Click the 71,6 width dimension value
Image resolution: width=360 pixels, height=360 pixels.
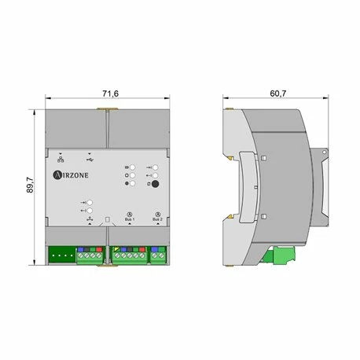[110, 94]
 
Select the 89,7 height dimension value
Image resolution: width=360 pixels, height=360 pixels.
[30, 186]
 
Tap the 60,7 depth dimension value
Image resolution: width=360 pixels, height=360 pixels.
[278, 94]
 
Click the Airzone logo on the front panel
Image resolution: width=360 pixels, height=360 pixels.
[71, 175]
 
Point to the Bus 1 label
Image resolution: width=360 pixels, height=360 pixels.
[130, 219]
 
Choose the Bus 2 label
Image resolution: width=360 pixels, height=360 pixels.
[157, 219]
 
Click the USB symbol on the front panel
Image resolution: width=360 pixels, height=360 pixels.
[90, 160]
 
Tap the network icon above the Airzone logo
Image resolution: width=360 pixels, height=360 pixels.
[61, 160]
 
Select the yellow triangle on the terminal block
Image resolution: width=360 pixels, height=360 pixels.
[117, 249]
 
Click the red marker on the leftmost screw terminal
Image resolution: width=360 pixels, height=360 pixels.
[99, 249]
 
